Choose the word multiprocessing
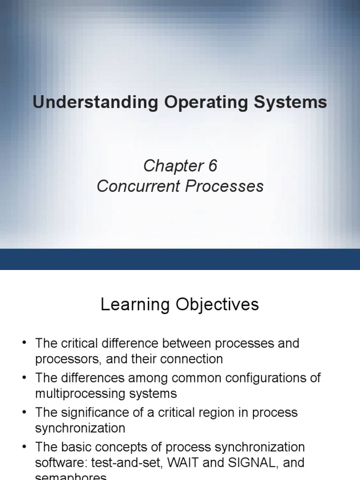coord(78,394)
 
